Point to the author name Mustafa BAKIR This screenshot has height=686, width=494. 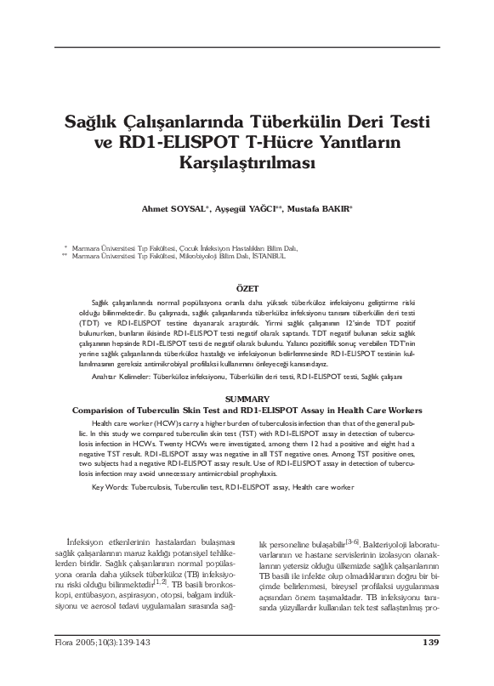click(324, 208)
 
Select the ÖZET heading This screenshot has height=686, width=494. click(247, 290)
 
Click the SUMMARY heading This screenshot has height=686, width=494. click(247, 375)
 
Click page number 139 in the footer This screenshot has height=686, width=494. click(430, 665)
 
